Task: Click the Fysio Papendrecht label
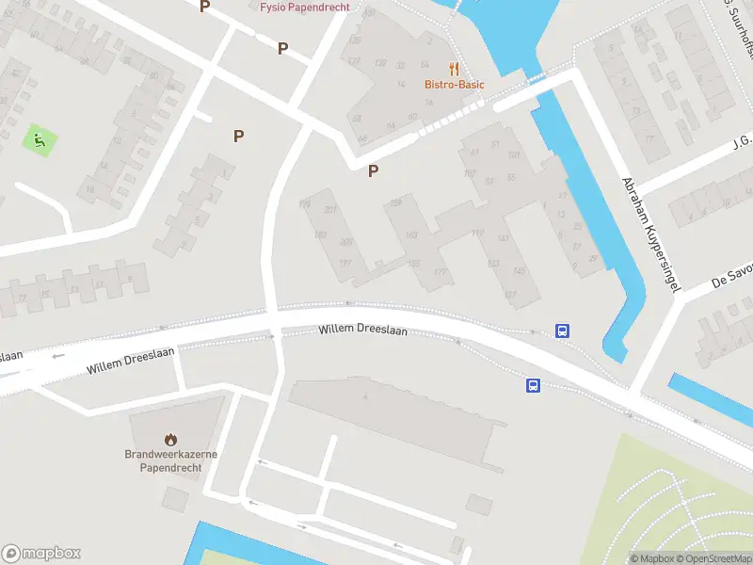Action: point(304,7)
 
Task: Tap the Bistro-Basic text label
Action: point(454,85)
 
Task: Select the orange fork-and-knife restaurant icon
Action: point(454,69)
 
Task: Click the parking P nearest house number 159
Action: point(374,170)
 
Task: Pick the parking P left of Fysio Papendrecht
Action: point(205,7)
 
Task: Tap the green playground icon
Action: point(39,141)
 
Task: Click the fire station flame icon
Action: point(170,439)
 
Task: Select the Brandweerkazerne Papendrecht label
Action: point(170,460)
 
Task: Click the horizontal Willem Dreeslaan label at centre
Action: point(363,330)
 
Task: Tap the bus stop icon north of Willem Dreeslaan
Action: point(562,331)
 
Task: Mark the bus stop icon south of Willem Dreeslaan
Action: point(533,385)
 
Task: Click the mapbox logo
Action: point(41,553)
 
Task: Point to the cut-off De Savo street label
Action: point(732,273)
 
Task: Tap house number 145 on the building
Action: point(519,271)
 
